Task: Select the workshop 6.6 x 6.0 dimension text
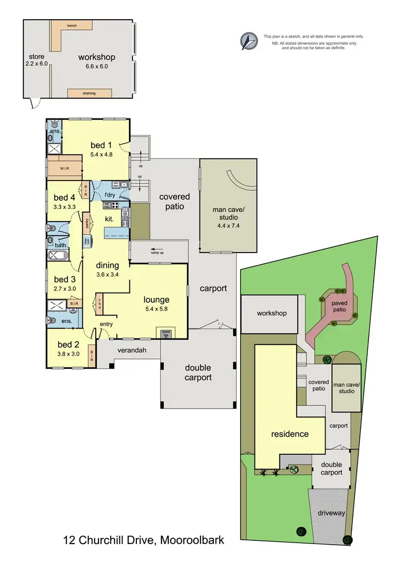(x=96, y=67)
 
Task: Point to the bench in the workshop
(x=72, y=26)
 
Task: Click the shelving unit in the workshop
(x=89, y=93)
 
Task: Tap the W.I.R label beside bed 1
(x=64, y=169)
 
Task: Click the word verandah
(x=128, y=350)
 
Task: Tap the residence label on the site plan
(x=289, y=434)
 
